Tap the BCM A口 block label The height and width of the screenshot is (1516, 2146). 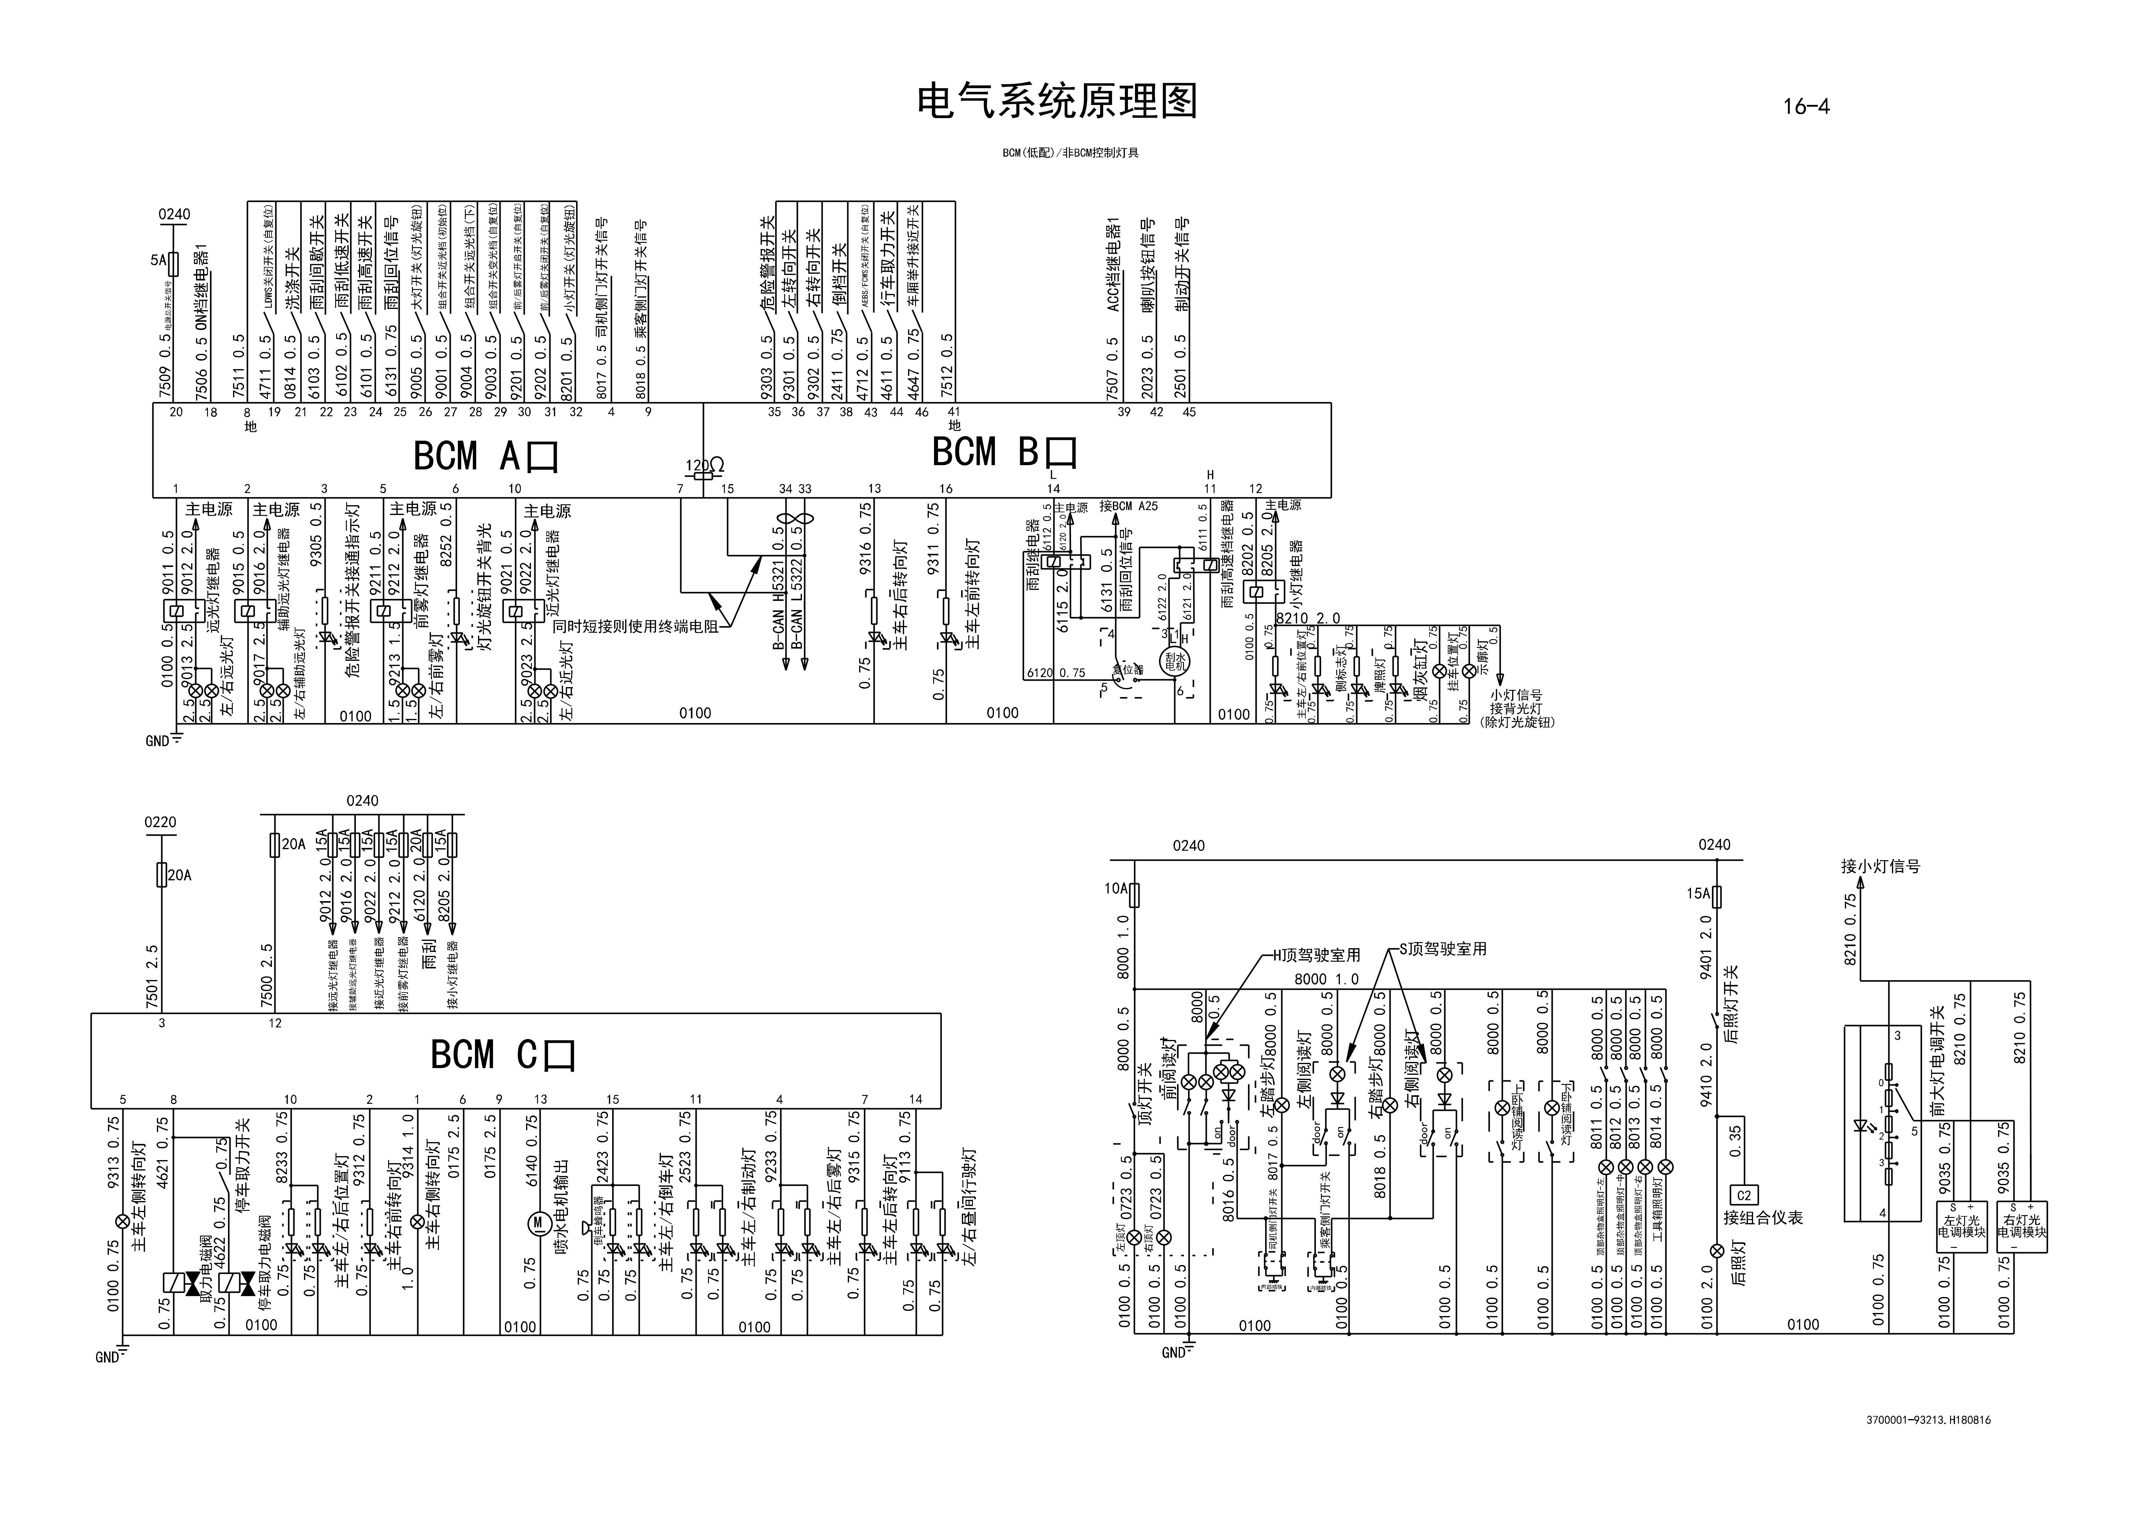(486, 456)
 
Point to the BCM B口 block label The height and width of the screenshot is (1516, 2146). (1005, 452)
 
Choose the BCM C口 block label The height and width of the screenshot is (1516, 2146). (503, 1054)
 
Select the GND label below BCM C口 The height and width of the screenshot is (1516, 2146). (106, 1357)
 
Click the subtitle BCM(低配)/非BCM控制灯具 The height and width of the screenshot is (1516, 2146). (1070, 152)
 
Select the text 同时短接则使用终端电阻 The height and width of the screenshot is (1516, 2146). (636, 626)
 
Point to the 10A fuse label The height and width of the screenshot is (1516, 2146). (1116, 889)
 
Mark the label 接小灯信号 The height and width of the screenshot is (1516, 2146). (1881, 867)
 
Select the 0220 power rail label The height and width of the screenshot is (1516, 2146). (160, 823)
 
